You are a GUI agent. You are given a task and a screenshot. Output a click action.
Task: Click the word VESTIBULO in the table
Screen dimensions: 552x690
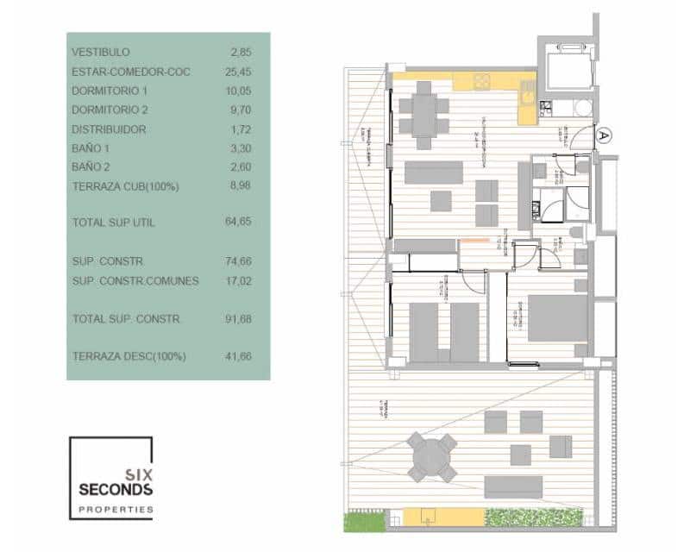tap(101, 53)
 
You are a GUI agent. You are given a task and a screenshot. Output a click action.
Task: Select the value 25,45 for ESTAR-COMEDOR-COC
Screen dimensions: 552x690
tap(237, 72)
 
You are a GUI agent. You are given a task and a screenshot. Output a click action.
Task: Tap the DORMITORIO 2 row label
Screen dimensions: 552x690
tap(110, 110)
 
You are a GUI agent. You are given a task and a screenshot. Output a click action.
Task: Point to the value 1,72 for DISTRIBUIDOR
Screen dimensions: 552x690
tap(240, 129)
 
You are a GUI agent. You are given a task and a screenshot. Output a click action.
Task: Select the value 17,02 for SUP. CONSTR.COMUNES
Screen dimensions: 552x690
tap(237, 280)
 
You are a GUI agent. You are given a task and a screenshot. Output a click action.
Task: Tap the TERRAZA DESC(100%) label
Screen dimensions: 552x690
tap(129, 356)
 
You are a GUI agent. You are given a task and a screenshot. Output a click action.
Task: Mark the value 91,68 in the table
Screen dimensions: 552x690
tap(237, 319)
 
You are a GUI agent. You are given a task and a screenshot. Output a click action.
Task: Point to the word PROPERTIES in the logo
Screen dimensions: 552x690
tap(116, 510)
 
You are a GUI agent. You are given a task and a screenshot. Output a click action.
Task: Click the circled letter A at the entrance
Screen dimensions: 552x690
tap(604, 135)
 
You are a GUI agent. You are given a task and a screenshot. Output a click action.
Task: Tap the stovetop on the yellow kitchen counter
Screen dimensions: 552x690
tap(480, 83)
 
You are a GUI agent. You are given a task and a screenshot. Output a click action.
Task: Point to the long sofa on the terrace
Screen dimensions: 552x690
tap(512, 487)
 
